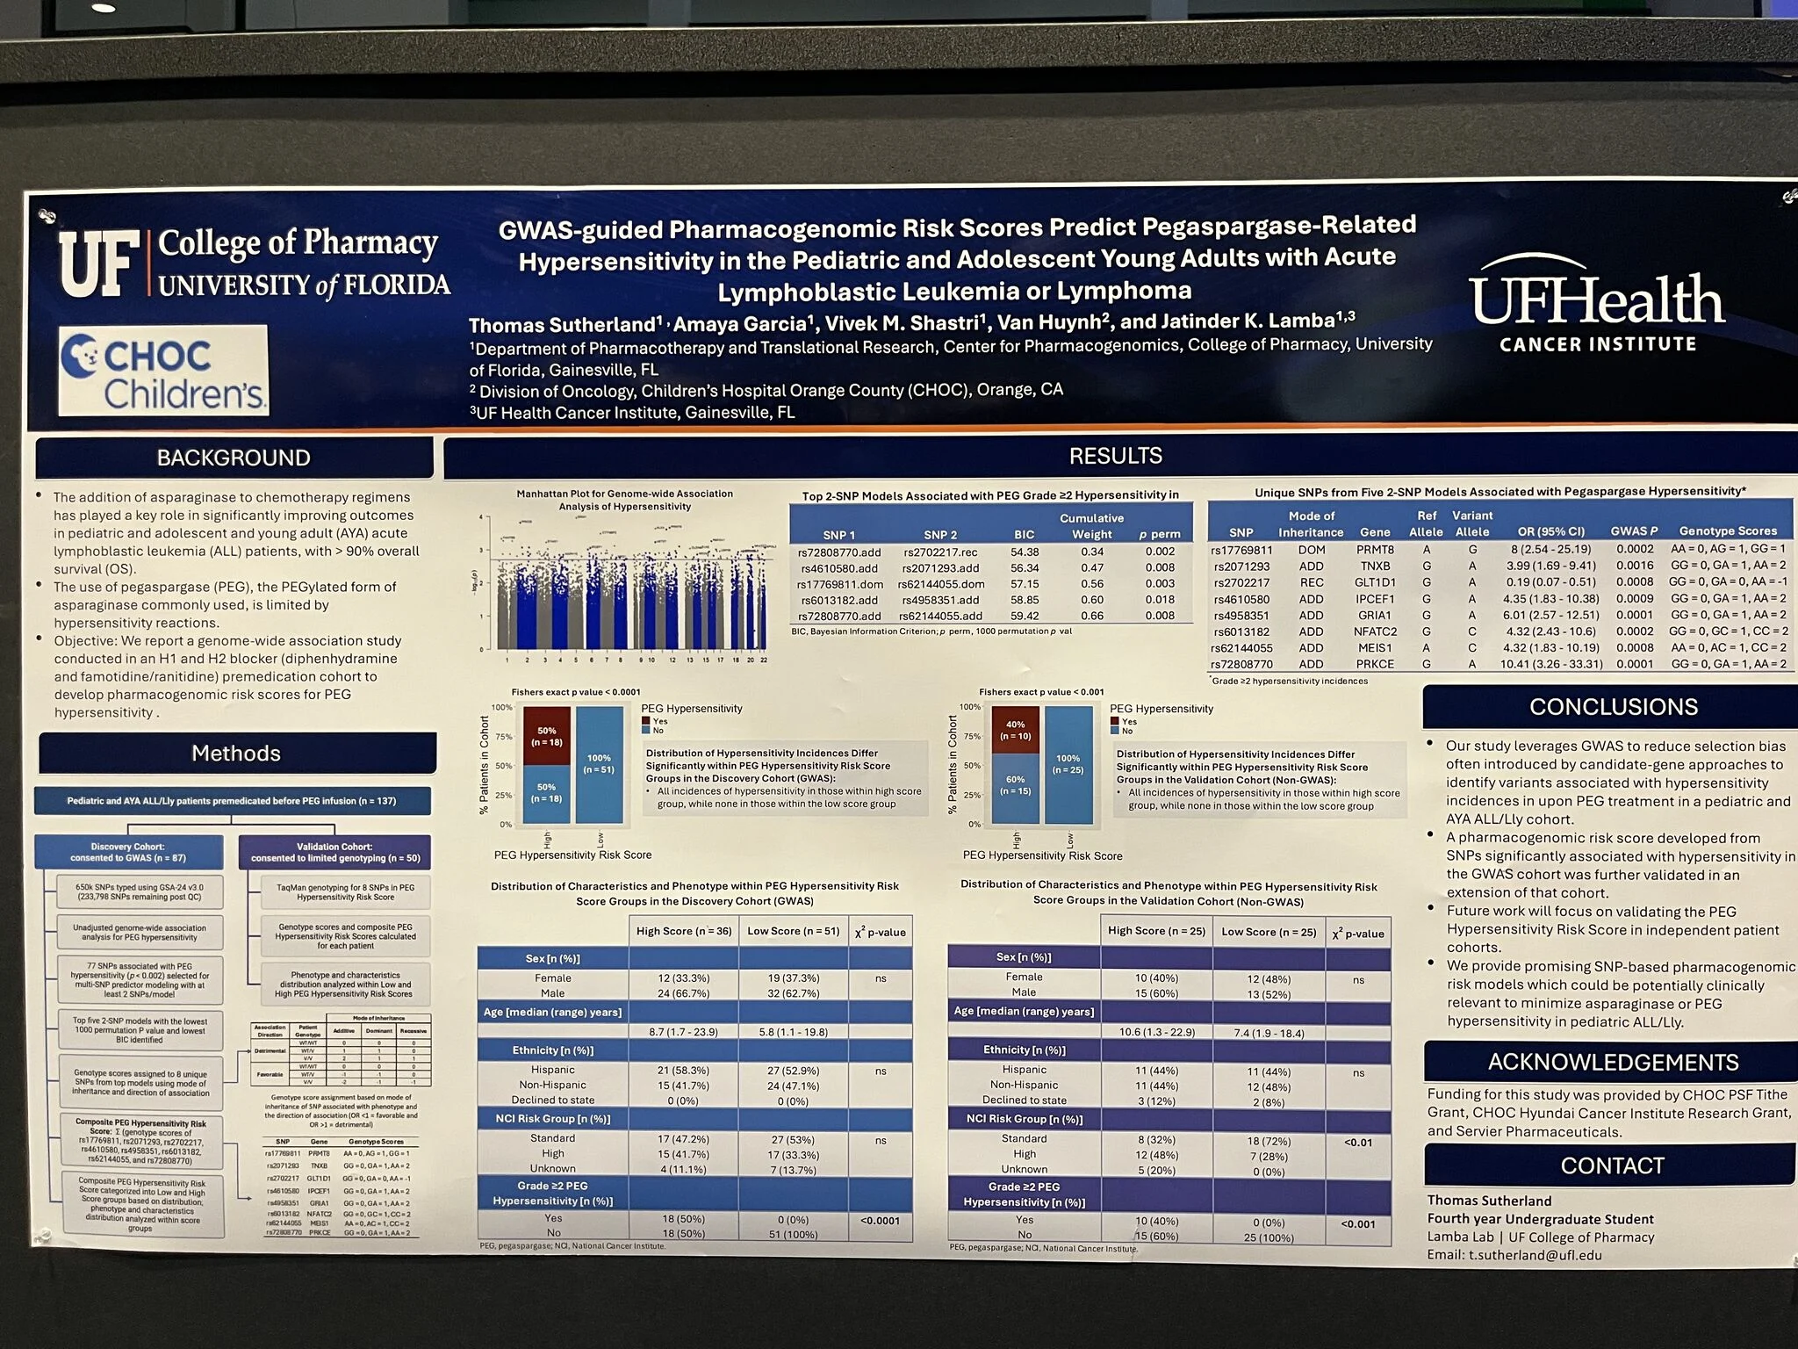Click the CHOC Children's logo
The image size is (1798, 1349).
163,371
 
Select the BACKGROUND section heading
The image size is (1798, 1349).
234,458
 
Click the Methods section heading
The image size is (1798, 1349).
236,754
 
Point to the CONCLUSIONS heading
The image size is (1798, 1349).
1613,707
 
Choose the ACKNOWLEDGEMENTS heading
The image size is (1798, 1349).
1613,1063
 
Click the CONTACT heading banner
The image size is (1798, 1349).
1612,1165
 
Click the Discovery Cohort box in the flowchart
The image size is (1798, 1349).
126,852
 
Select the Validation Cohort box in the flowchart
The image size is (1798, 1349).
334,852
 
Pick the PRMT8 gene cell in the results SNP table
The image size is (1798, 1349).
1374,550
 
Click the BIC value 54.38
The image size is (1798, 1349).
1024,552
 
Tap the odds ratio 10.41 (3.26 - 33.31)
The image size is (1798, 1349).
1550,664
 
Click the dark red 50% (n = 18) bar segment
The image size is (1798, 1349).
546,736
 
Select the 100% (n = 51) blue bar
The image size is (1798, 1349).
600,764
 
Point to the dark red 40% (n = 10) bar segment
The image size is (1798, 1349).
1015,730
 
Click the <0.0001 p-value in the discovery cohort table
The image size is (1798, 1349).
880,1220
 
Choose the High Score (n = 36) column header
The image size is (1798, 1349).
683,931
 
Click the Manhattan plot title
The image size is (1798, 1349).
624,500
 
